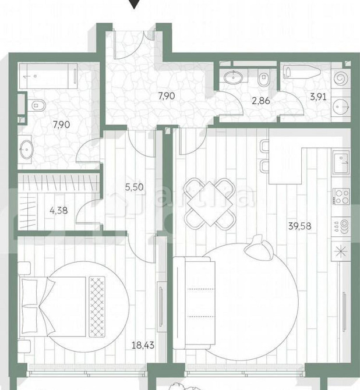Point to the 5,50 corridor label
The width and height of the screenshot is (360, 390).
tap(134, 188)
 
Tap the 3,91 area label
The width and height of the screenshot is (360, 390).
tap(318, 97)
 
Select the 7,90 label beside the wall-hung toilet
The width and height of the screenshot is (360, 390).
tap(61, 123)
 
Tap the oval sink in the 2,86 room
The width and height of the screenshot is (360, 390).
tap(234, 76)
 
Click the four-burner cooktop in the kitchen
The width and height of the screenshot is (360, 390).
tap(340, 196)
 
